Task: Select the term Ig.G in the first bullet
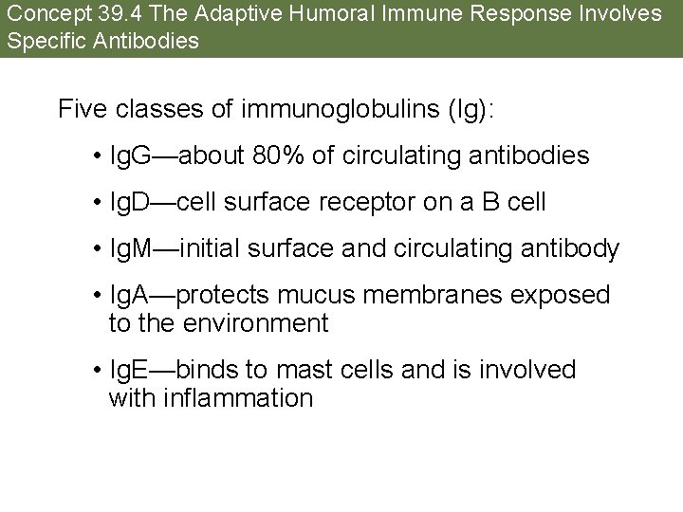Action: [x=133, y=155]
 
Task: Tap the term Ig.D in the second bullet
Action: [x=133, y=202]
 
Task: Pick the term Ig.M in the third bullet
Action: [x=134, y=249]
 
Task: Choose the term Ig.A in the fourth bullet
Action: [x=133, y=296]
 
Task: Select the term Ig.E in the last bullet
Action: [x=133, y=370]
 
